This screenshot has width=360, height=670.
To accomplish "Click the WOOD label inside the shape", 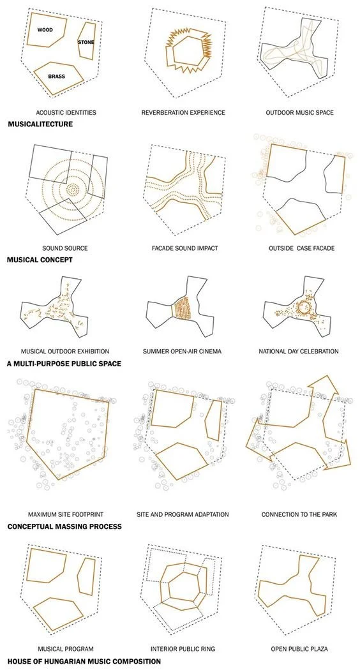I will point(45,30).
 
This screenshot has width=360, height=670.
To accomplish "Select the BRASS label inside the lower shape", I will point(56,77).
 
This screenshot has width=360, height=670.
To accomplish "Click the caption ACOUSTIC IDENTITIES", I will point(66,113).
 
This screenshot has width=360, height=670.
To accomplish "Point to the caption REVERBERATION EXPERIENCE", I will point(183,113).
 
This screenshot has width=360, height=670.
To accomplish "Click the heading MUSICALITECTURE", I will point(40,124).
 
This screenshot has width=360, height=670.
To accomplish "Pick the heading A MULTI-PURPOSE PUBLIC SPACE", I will point(64,364).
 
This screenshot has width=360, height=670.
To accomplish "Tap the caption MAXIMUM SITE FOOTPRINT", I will point(66,514).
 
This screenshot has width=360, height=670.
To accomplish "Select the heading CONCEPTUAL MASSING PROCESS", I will point(64,527).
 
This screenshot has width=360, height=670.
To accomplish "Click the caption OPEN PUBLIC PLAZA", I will point(297,649).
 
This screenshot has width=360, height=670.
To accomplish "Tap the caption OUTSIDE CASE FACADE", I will point(297,248).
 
